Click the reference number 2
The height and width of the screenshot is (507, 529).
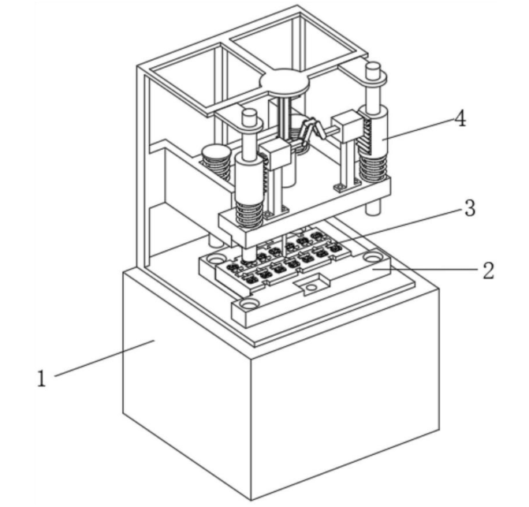[x=488, y=270]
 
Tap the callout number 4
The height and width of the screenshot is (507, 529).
[x=460, y=119]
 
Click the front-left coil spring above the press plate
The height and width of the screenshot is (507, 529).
[x=250, y=212]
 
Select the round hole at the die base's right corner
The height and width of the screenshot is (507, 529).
[x=370, y=256]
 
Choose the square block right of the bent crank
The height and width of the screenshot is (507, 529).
[x=345, y=125]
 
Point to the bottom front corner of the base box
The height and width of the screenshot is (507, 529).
[x=251, y=500]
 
